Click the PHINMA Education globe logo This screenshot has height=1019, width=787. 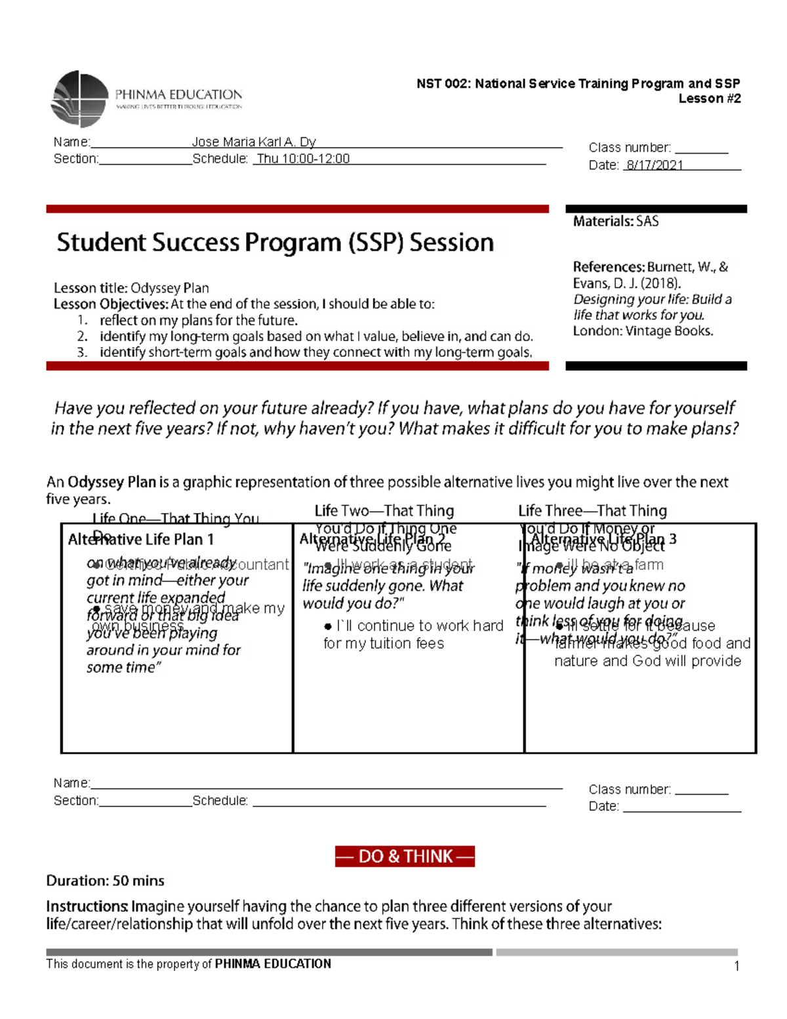pyautogui.click(x=79, y=99)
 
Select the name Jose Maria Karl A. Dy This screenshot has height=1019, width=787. pyautogui.click(x=254, y=142)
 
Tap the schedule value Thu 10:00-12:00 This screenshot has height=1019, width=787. pyautogui.click(x=303, y=159)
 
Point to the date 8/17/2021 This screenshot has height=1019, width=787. pyautogui.click(x=654, y=165)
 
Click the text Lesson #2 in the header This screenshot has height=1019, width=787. pyautogui.click(x=709, y=98)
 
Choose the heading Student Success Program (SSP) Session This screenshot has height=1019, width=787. pyautogui.click(x=275, y=243)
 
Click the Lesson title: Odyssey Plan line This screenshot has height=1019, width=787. pyautogui.click(x=131, y=288)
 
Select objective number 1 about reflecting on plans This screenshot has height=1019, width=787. pyautogui.click(x=198, y=320)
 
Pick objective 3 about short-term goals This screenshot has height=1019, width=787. pyautogui.click(x=315, y=352)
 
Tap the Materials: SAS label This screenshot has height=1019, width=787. pyautogui.click(x=615, y=221)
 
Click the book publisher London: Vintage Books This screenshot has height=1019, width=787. pyautogui.click(x=643, y=331)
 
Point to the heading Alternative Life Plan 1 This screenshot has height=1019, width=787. pyautogui.click(x=141, y=539)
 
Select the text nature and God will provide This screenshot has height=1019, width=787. pyautogui.click(x=647, y=661)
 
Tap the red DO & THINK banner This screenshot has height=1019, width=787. pyautogui.click(x=405, y=856)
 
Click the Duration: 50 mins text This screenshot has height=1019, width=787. pyautogui.click(x=105, y=881)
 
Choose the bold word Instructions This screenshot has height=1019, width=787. pyautogui.click(x=87, y=906)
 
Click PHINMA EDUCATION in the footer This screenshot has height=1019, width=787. pyautogui.click(x=273, y=963)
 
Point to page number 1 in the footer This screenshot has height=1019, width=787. pyautogui.click(x=737, y=965)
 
